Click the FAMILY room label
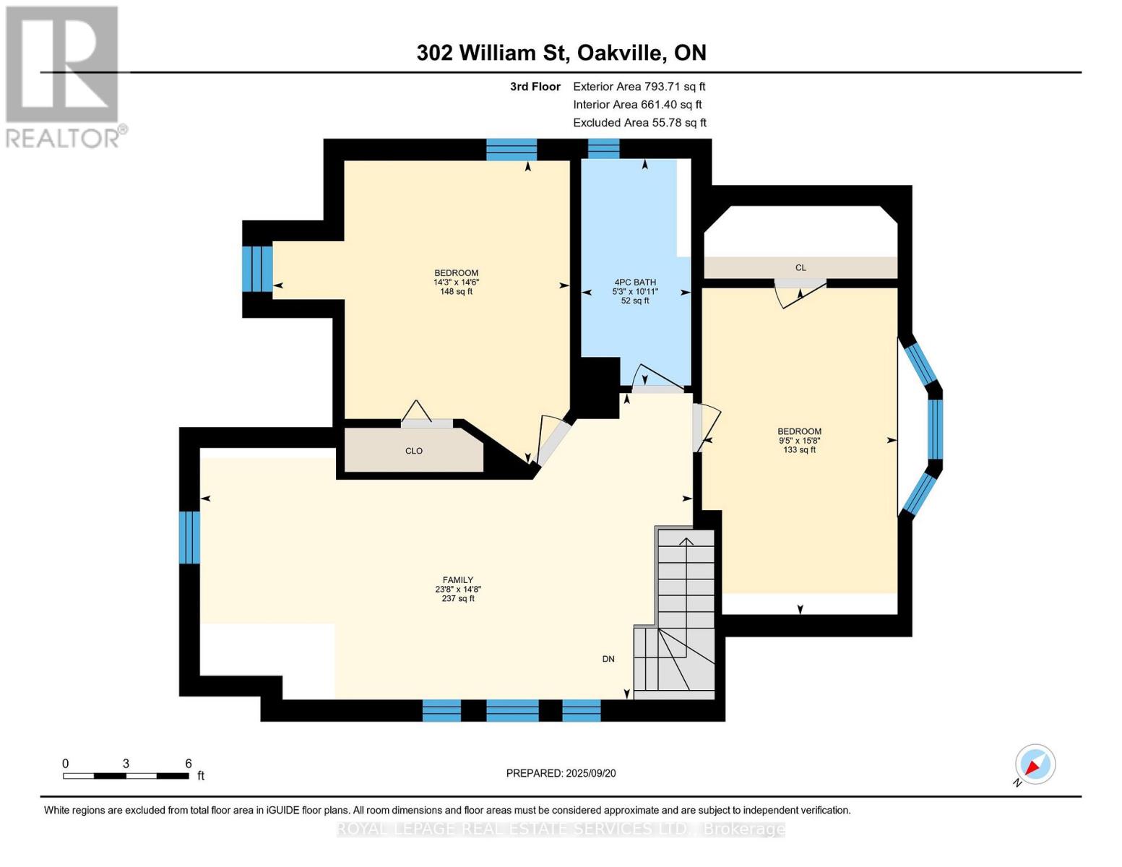coord(457,579)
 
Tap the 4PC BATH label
coord(635,282)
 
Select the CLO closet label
coord(413,451)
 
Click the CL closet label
coord(800,268)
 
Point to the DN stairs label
coord(608,659)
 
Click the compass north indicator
coord(1035,764)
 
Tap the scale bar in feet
coord(126,776)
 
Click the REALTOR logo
coord(63,76)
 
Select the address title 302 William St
coord(561,53)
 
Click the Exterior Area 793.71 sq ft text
coord(639,87)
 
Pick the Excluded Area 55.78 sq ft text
coord(639,123)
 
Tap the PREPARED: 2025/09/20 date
coord(561,773)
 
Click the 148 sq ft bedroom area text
coord(456,292)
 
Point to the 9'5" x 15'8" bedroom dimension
coord(799,441)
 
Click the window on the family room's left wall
coord(189,537)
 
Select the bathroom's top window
coord(603,148)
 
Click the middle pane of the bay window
coord(934,428)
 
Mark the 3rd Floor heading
coord(535,87)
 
